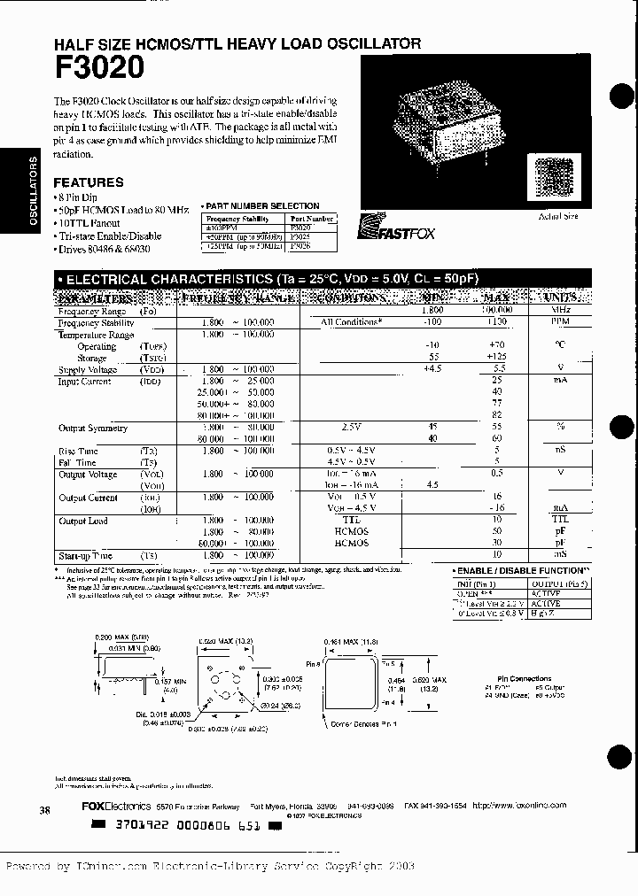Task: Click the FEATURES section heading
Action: [89, 182]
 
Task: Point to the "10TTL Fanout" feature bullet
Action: [92, 224]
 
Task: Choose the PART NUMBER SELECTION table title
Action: [263, 206]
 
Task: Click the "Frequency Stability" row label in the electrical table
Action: [95, 324]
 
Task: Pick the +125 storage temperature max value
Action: [496, 358]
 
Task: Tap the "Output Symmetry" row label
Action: [93, 428]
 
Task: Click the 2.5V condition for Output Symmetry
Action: [352, 428]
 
